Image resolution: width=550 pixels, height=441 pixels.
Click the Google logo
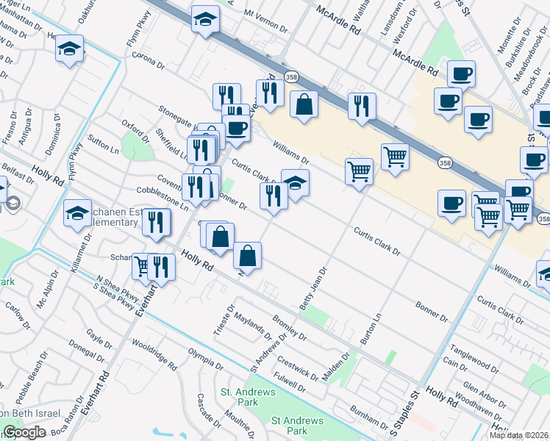click(x=24, y=432)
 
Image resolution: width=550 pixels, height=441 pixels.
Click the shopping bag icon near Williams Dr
click(x=304, y=104)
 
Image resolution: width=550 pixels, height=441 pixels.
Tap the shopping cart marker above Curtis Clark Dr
click(x=359, y=173)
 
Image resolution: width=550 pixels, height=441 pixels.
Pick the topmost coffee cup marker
click(x=461, y=73)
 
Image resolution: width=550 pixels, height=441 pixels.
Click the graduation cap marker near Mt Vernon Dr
click(x=205, y=20)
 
